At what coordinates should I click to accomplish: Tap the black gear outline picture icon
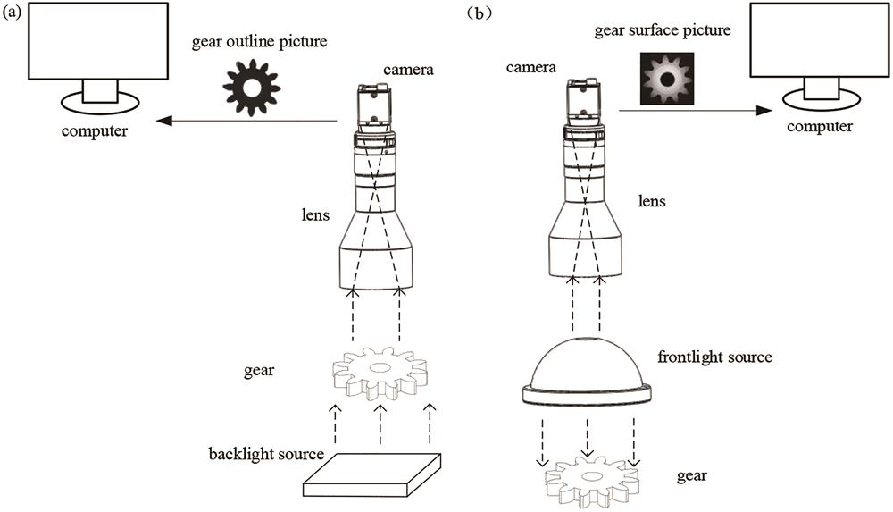tap(251, 84)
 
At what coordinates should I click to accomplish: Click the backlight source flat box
tap(374, 474)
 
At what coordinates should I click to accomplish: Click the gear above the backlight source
tap(380, 372)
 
